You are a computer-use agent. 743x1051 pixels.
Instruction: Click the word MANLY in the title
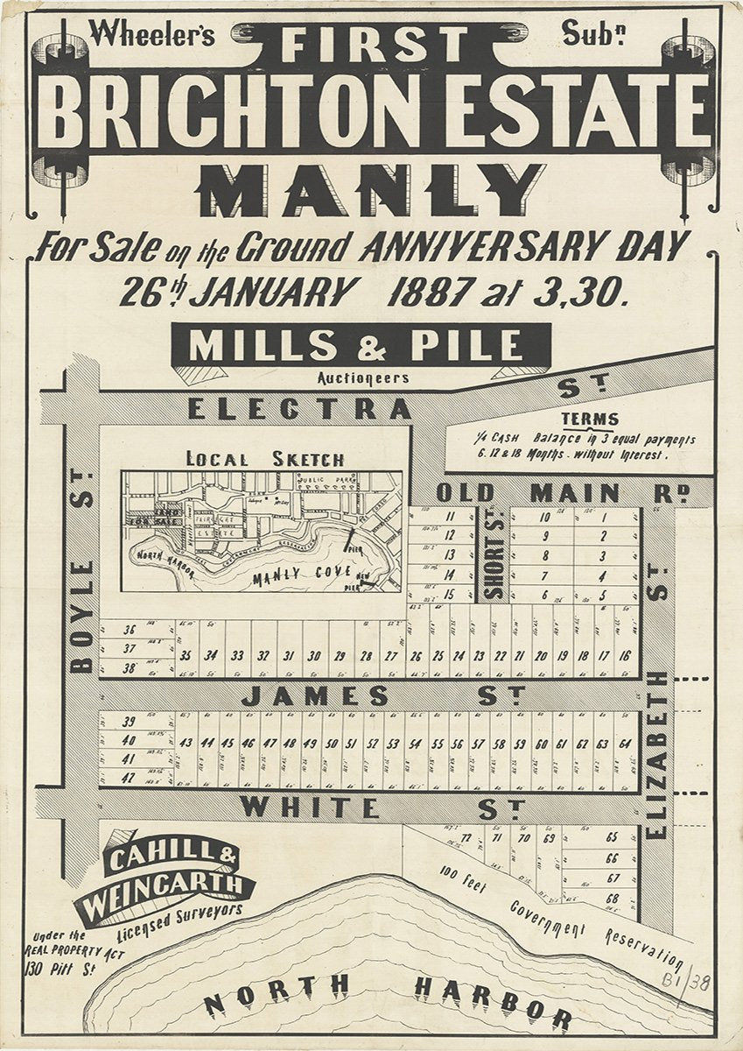coord(372,189)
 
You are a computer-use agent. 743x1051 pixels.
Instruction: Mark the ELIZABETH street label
coord(659,753)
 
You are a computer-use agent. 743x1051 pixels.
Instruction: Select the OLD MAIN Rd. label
coord(560,493)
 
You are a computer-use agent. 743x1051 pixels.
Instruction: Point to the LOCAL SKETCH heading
coord(265,459)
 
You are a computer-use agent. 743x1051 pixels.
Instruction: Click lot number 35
coord(186,655)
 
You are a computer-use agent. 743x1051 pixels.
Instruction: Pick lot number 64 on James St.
coord(625,744)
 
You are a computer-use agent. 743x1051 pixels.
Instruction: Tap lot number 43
coord(186,744)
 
